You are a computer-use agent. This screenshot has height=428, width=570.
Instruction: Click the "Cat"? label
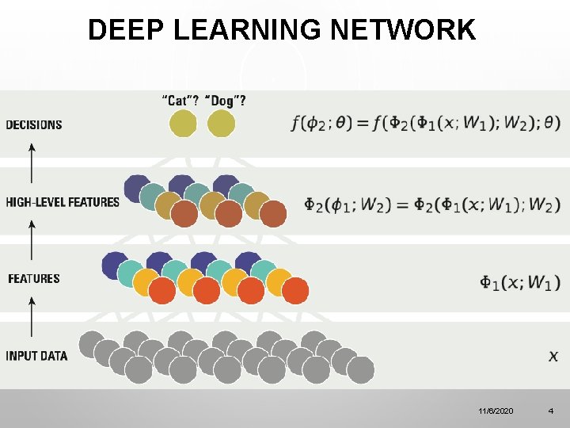(x=180, y=101)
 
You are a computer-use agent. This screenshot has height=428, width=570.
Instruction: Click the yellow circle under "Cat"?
(x=183, y=124)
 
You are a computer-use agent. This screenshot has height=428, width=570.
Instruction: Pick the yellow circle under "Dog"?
(x=221, y=124)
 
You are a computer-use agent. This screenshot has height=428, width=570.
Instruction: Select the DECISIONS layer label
(x=34, y=124)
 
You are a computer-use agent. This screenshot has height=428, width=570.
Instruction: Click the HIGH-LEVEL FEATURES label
(x=63, y=202)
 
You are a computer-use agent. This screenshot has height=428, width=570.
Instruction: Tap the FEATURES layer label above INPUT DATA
(x=34, y=278)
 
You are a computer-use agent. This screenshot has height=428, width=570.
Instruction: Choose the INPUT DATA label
(x=37, y=355)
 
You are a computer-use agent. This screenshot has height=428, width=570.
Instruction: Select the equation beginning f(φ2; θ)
(x=426, y=124)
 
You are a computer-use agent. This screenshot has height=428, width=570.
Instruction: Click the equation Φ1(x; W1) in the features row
(x=520, y=282)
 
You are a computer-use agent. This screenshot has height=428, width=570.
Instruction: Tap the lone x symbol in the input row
(x=553, y=356)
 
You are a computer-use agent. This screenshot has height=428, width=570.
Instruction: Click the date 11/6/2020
(x=496, y=411)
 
